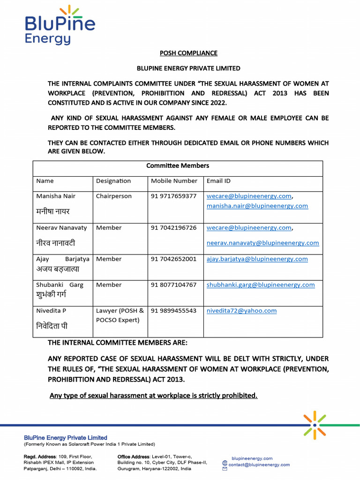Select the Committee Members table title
178,165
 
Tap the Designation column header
113,181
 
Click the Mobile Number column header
174,181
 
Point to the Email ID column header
218,181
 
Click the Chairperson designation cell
114,196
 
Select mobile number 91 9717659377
173,196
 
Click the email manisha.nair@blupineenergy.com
257,206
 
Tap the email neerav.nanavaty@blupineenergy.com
262,243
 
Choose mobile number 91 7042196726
173,228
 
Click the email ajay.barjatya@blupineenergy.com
257,259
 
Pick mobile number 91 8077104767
173,285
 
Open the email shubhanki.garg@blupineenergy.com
261,285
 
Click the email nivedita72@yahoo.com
241,310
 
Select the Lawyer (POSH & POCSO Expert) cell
120,315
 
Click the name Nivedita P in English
51,310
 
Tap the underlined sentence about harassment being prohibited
153,396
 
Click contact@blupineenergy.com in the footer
259,465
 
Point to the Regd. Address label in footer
40,457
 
